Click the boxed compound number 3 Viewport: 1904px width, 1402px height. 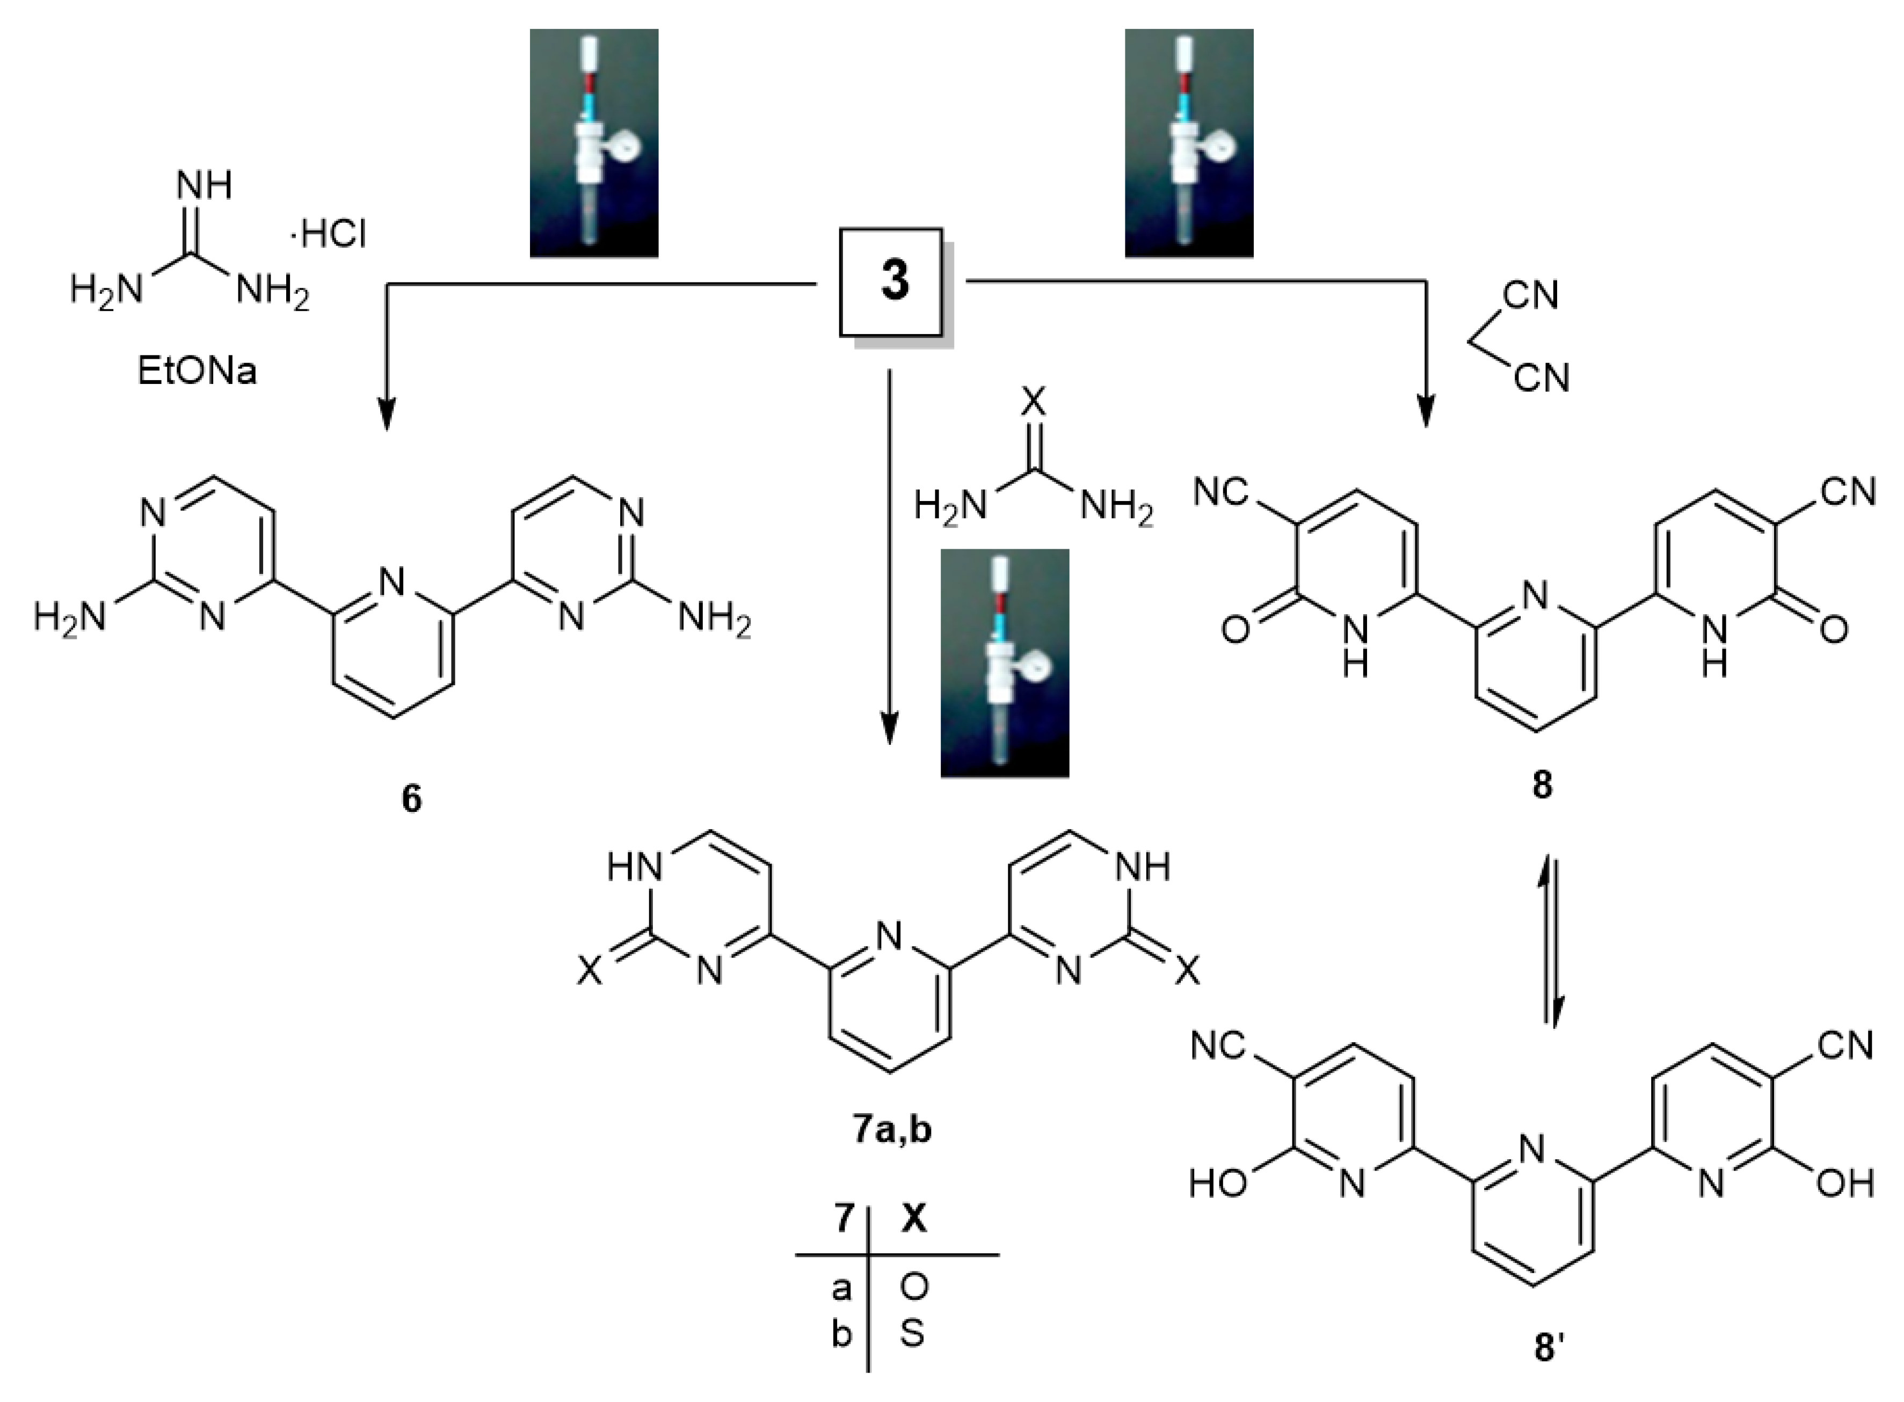[x=892, y=281]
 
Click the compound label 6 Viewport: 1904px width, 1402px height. [x=411, y=798]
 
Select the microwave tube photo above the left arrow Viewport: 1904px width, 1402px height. [x=594, y=143]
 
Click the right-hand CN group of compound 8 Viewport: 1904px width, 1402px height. [x=1848, y=491]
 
